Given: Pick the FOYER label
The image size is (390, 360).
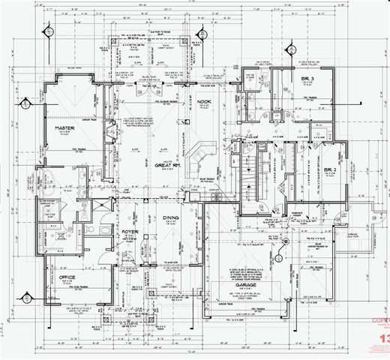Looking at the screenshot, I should pyautogui.click(x=130, y=232).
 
